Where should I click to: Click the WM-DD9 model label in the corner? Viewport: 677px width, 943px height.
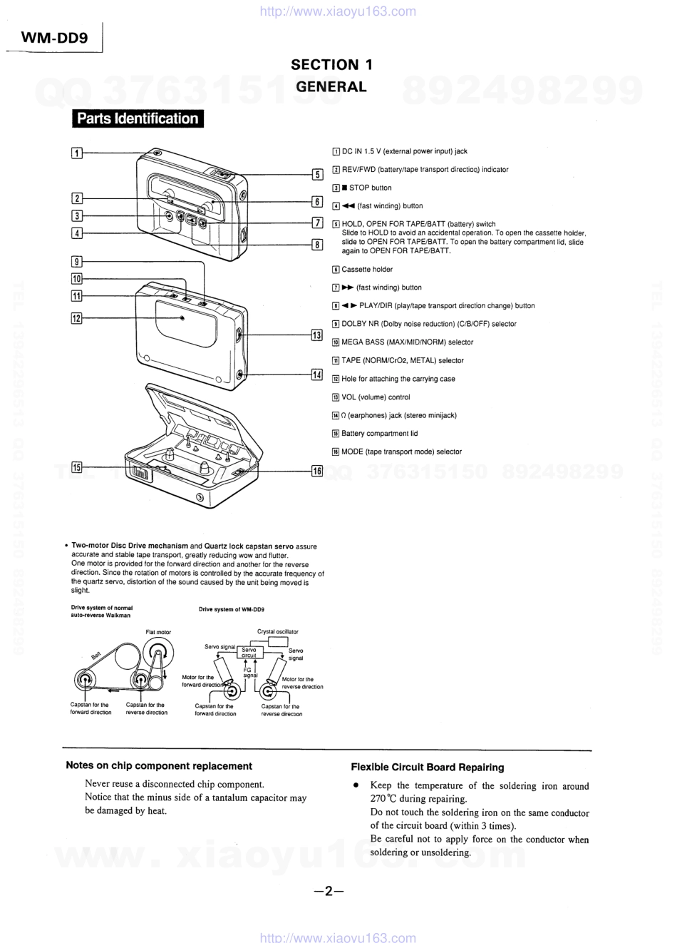[55, 39]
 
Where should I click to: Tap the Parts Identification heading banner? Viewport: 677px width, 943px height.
[138, 118]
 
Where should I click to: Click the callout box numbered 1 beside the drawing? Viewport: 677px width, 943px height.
[77, 152]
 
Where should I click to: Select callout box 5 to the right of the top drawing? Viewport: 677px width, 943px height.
[318, 173]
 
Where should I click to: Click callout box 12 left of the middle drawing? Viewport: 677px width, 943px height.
[77, 318]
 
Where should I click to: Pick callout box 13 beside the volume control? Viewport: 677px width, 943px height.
[317, 335]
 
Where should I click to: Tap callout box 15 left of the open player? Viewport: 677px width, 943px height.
[77, 467]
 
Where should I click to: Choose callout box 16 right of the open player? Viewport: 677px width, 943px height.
[317, 470]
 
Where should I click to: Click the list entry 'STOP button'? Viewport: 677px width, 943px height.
[370, 188]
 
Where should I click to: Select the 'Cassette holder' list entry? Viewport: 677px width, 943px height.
[366, 270]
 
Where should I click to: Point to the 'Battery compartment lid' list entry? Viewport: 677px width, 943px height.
[379, 434]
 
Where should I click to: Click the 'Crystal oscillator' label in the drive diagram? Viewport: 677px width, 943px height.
[278, 631]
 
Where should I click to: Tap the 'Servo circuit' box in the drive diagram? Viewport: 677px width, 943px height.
[249, 653]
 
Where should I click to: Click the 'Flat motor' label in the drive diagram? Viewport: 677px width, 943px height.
[158, 632]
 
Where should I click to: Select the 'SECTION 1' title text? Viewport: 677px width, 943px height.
[331, 64]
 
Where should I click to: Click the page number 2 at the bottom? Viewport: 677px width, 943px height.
[329, 891]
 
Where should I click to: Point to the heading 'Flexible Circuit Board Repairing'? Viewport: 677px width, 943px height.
[427, 768]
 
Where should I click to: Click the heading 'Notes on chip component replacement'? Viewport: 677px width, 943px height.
[159, 765]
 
